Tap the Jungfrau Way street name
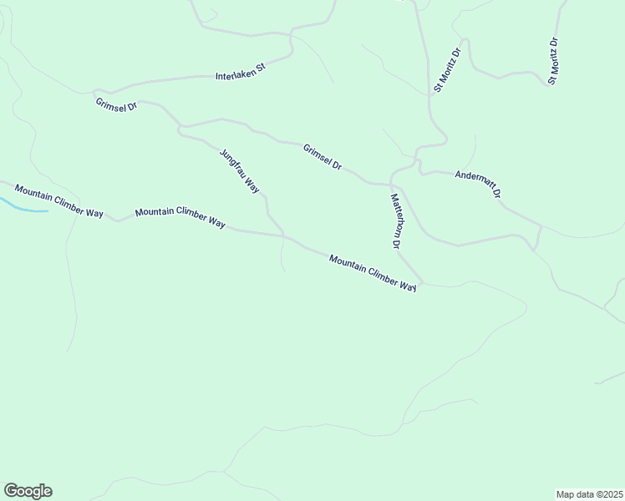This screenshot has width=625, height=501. pos(240,171)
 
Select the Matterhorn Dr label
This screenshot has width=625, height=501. pos(396,221)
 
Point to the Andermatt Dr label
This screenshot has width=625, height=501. pos(478,184)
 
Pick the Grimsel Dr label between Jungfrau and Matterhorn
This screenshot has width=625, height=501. pos(323,157)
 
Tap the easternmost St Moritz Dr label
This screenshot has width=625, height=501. pos(552,60)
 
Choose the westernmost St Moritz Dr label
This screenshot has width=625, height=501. pos(446,70)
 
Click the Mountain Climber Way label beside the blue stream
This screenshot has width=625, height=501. pos(58,201)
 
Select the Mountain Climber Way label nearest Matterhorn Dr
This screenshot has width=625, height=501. pos(373,273)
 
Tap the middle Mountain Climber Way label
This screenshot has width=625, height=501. pos(180,218)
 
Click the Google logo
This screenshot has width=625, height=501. pos(28,491)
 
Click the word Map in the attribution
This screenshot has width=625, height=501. pos(566,493)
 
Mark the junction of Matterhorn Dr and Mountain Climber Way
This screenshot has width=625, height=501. pos(423,284)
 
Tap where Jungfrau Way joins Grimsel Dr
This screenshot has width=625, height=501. pos(180,128)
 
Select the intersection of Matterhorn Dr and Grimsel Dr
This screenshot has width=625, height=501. pos(390,184)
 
